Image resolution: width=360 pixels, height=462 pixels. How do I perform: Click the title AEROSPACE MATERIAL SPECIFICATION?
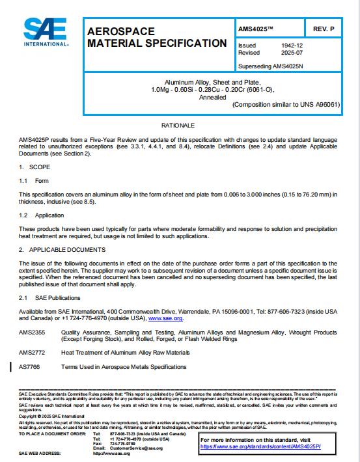[x=156, y=37]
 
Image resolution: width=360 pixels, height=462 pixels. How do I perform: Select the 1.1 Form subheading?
[x=34, y=181]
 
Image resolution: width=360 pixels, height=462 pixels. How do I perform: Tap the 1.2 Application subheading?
[x=41, y=215]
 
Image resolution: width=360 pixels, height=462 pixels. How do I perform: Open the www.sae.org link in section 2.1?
[x=165, y=319]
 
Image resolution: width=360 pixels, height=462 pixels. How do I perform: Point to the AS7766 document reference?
[x=29, y=367]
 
